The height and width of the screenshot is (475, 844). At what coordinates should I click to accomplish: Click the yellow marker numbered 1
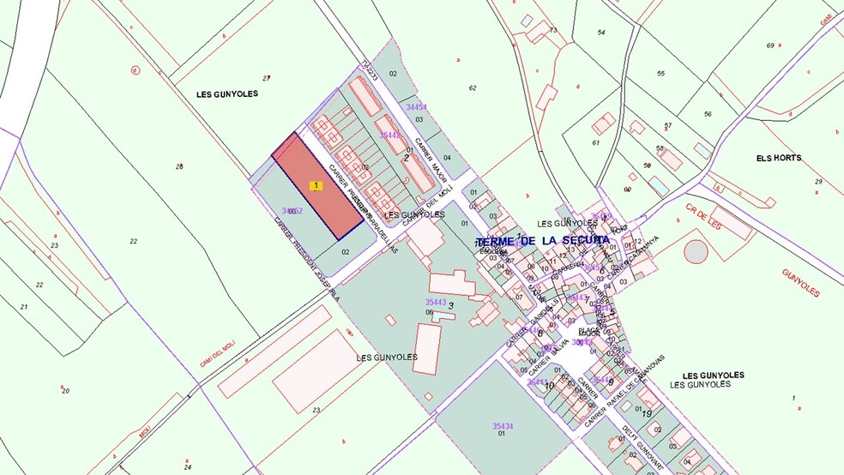coord(316,185)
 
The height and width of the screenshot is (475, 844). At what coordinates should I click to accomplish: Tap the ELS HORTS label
coord(778,159)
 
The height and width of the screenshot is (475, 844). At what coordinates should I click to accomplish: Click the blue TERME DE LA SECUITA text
coord(542,241)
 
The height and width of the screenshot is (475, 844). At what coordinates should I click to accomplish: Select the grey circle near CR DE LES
coord(696,251)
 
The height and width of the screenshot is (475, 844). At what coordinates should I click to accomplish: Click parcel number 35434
coord(503,426)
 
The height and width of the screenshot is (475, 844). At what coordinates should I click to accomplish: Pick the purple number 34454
coord(417,107)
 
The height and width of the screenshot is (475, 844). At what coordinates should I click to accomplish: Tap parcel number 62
coord(473,87)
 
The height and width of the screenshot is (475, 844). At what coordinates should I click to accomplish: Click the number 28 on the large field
coord(179,166)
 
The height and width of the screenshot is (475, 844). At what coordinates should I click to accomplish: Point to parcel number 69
coord(770,45)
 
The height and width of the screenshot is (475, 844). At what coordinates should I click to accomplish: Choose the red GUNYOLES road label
coord(800,283)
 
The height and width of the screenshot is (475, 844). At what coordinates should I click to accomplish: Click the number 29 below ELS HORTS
coord(818,181)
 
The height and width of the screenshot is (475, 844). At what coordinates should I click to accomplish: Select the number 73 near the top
coord(553,30)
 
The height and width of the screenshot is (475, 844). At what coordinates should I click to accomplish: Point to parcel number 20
coord(65,391)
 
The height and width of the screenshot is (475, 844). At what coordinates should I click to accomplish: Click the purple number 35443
coord(436,302)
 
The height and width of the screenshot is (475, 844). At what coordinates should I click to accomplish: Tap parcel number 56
coord(707,114)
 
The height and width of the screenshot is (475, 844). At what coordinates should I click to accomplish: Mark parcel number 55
coord(660,74)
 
